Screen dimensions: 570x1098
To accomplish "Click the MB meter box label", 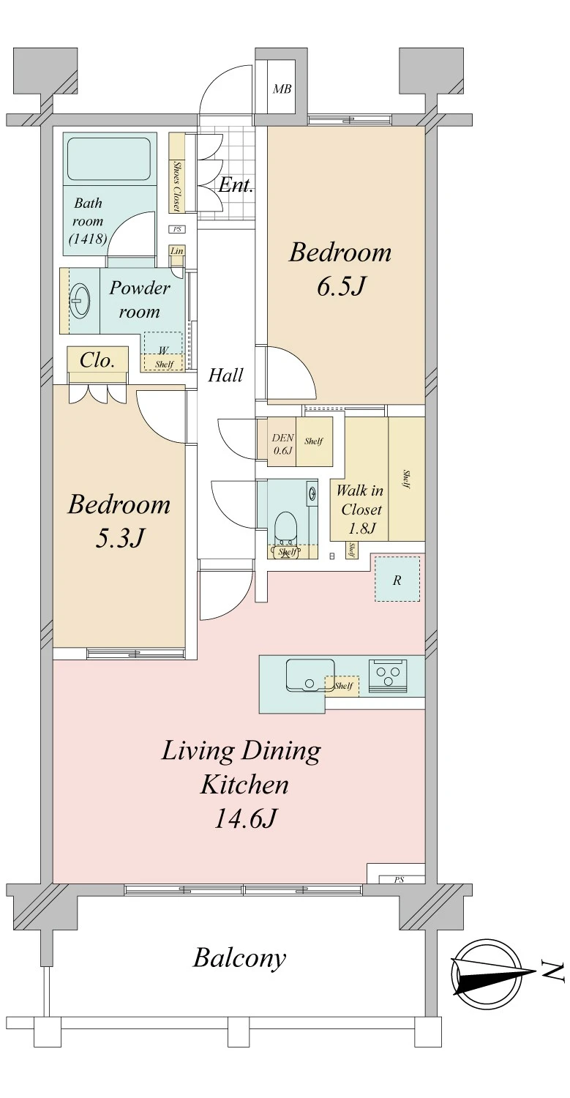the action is (x=282, y=89).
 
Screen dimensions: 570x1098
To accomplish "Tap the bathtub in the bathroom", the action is (x=108, y=159).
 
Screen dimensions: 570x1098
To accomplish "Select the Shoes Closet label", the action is (x=177, y=186).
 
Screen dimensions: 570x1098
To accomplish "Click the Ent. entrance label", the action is (x=236, y=184).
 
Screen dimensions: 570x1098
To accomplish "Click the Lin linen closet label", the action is (x=176, y=251).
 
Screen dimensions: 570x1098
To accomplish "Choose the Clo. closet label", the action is (x=97, y=361).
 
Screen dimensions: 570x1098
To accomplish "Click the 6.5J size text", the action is (x=341, y=286).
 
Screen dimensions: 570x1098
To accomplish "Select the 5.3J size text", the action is (x=119, y=538).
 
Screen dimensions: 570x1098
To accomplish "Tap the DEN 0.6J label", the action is (x=282, y=444).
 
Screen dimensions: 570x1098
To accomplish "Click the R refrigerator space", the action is (x=397, y=580).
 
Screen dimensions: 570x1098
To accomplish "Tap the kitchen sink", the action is (x=310, y=676).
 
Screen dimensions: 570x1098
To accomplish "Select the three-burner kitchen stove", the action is (x=388, y=676).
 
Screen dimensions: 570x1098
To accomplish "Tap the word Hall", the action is (x=225, y=376).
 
